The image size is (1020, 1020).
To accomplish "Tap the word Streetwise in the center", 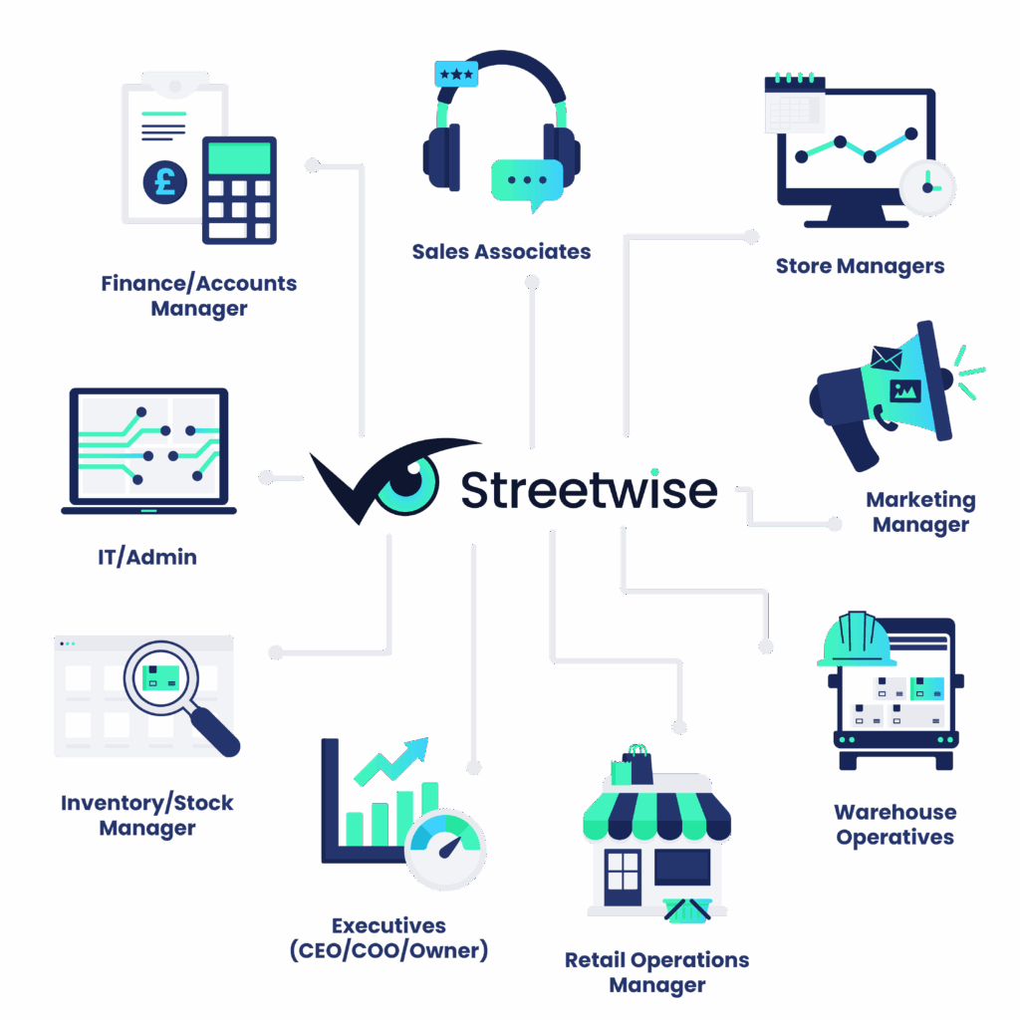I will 588,489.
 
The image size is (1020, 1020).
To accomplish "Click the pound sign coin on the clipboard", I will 164,181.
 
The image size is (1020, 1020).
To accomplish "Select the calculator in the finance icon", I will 239,189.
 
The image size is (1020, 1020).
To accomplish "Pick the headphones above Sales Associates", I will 501,120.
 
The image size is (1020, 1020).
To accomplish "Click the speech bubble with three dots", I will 526,181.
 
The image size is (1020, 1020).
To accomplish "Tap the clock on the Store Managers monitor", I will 926,186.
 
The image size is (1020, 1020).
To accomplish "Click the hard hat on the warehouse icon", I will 856,638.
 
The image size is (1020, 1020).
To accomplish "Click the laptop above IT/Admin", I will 148,451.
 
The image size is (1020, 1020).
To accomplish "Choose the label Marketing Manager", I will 920,512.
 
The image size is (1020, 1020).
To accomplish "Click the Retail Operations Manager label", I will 656,973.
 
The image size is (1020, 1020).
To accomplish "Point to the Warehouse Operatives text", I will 894,824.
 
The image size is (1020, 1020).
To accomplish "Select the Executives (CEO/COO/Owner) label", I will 388,938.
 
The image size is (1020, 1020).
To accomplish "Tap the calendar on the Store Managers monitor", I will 794,104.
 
